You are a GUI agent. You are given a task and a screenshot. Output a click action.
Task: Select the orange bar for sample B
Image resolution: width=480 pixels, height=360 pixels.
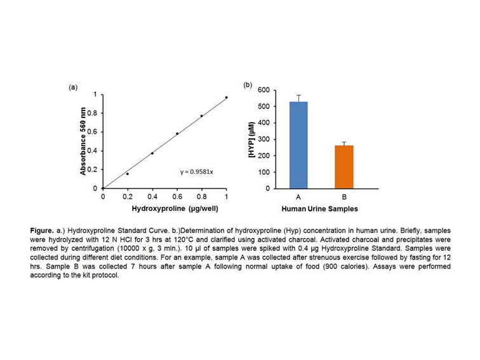click(x=343, y=167)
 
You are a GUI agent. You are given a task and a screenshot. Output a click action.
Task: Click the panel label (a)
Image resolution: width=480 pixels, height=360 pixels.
click(x=73, y=87)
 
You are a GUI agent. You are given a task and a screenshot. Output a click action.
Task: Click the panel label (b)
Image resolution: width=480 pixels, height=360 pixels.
click(x=248, y=84)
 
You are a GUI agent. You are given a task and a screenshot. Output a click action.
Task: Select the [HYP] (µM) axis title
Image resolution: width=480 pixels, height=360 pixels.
click(x=259, y=140)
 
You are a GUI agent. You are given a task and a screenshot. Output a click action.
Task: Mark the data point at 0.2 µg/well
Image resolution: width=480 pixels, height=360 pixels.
click(x=127, y=173)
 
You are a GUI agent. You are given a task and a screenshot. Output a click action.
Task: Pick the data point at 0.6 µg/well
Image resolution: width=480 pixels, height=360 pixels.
click(x=177, y=133)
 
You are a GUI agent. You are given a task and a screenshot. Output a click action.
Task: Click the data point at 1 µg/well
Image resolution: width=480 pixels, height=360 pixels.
click(x=226, y=97)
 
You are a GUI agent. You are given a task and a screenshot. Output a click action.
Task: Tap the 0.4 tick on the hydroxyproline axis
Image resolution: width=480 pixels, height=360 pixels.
click(x=152, y=196)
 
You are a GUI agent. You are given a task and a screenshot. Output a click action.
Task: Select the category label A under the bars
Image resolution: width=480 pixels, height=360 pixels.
click(x=298, y=197)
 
